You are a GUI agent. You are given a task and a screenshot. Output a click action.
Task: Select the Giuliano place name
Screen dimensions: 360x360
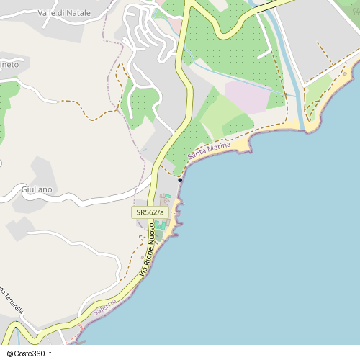tap(37, 189)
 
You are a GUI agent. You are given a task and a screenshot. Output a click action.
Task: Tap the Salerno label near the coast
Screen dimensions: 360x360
tap(104, 309)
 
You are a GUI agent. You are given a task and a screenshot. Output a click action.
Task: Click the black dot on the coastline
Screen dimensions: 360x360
tap(180, 180)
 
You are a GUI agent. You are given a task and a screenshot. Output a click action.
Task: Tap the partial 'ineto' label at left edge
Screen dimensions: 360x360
tap(9, 65)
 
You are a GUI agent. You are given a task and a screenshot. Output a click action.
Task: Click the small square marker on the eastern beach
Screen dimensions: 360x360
tap(345, 73)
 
